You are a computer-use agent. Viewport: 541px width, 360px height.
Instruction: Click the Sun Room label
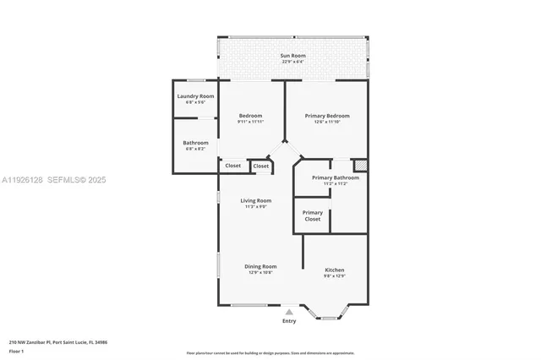coord(292,56)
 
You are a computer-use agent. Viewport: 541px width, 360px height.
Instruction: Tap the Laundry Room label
coord(194,96)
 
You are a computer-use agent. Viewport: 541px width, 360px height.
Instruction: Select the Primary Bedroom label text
coord(327,116)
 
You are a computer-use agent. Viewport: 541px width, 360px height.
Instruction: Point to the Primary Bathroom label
coord(335,177)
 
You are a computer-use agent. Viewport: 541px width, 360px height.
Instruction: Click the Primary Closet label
coord(312,215)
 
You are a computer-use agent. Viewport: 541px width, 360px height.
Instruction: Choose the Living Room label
coord(256,200)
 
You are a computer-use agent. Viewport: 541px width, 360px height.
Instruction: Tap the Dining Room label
coord(260,266)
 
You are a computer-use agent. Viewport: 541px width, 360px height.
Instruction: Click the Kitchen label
coord(335,270)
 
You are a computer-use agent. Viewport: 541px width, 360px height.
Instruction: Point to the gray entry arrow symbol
coord(289,313)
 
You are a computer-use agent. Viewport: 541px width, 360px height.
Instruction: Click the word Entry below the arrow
coord(289,322)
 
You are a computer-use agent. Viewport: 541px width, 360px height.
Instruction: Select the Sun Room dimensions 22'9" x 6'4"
coord(292,62)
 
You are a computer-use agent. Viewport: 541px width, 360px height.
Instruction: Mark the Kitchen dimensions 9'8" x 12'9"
coord(335,276)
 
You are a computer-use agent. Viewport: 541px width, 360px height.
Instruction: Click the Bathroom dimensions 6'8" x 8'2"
coord(195,149)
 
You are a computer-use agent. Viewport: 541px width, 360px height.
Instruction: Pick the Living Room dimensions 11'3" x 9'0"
coord(256,206)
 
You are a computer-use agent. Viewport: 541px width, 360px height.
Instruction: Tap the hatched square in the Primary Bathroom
coord(359,166)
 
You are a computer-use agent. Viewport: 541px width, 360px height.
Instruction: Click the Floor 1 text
coord(17,351)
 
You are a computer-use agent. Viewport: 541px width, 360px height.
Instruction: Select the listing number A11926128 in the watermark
coord(24,180)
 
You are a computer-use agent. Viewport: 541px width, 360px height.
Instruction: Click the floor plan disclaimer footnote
coord(270,351)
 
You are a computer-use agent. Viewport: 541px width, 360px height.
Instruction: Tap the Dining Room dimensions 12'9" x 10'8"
coord(260,272)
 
